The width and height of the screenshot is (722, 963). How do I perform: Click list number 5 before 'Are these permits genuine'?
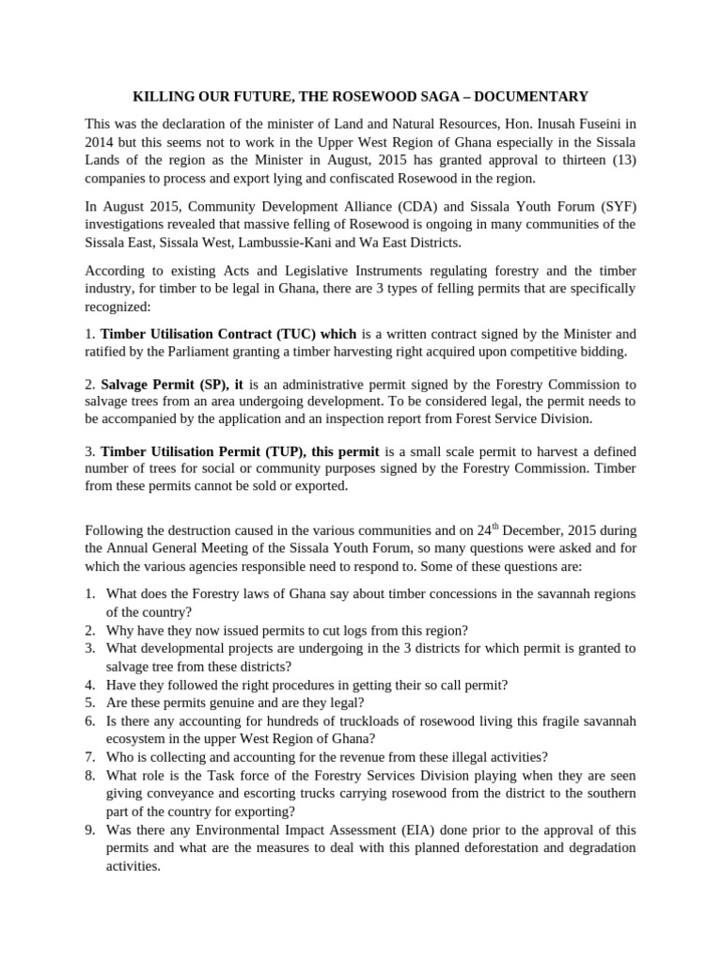(x=90, y=703)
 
